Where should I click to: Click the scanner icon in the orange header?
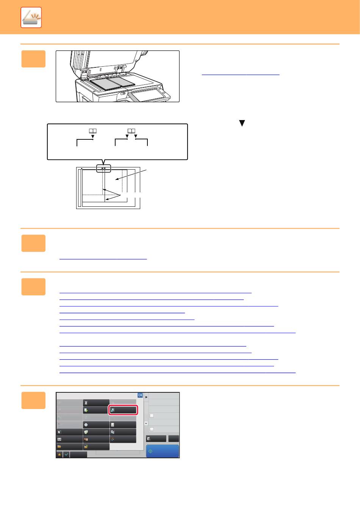click(31, 17)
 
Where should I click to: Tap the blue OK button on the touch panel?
click(140, 395)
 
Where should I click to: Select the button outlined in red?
click(123, 410)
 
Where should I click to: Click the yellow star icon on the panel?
click(59, 454)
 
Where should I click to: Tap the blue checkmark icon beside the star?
click(66, 454)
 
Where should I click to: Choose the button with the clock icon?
click(96, 425)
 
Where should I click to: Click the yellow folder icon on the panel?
click(59, 447)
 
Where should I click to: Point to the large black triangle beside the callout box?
click(242, 123)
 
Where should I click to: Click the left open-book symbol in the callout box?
click(93, 131)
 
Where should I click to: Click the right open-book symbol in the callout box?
click(131, 131)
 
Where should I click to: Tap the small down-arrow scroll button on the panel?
click(146, 423)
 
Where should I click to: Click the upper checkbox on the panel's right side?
click(152, 415)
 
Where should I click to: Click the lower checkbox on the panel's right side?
click(152, 429)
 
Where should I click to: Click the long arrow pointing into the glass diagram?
click(131, 175)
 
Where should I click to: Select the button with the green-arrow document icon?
click(96, 410)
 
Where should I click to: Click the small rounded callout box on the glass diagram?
click(103, 169)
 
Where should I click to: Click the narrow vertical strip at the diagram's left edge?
click(80, 188)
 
